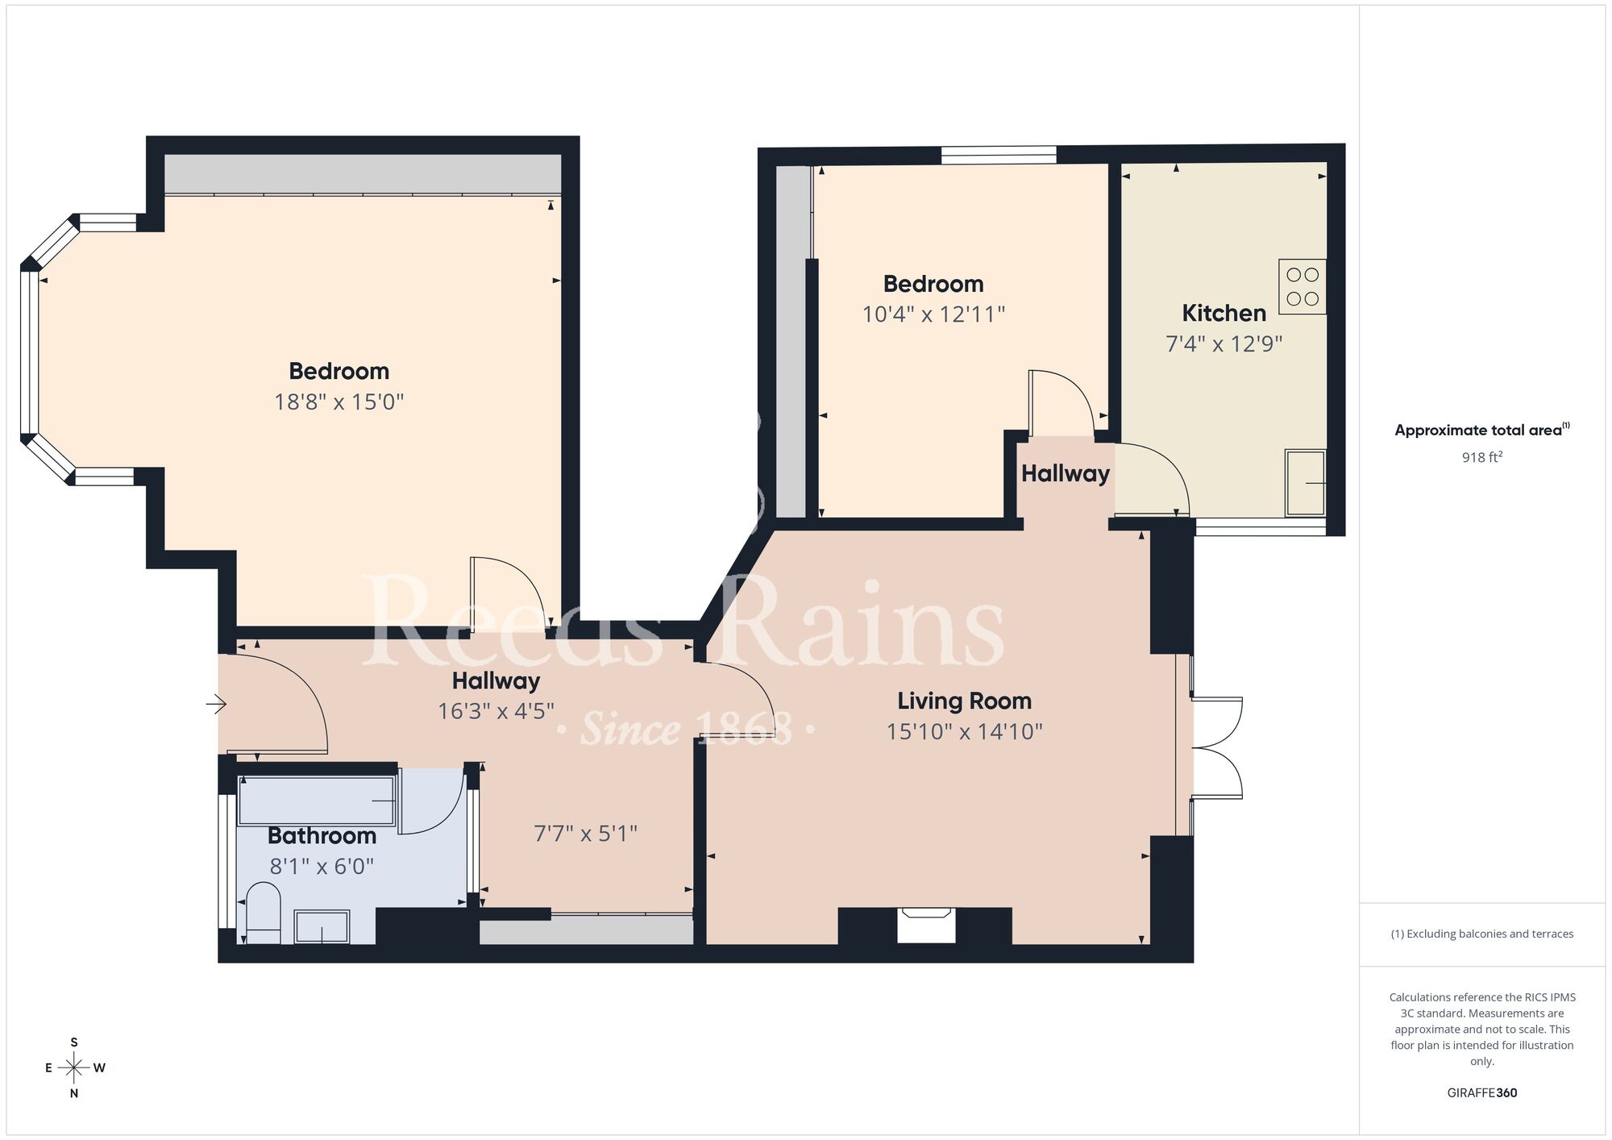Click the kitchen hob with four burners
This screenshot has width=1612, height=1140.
click(x=1302, y=287)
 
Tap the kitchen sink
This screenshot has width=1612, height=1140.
click(x=1305, y=483)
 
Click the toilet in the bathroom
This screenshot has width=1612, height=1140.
click(x=262, y=913)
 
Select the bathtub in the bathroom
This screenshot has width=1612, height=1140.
click(x=317, y=800)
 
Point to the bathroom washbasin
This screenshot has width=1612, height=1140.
click(x=322, y=926)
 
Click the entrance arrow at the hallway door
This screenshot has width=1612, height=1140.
click(x=216, y=705)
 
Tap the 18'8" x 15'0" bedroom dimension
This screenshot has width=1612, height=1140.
click(x=339, y=401)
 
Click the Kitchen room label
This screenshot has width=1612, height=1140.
click(x=1224, y=313)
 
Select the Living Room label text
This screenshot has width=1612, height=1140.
click(x=964, y=701)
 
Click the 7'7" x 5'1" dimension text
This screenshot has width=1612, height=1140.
click(x=585, y=833)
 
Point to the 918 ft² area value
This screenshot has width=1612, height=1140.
click(x=1481, y=457)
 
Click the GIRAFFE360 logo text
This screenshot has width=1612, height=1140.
click(x=1481, y=1093)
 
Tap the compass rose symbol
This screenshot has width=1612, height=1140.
click(x=74, y=1068)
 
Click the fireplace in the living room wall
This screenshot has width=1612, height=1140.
click(x=926, y=925)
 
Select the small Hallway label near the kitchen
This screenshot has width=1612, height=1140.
click(x=1065, y=473)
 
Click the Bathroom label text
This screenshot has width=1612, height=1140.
click(x=322, y=835)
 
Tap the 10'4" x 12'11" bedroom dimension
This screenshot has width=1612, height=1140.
click(x=933, y=314)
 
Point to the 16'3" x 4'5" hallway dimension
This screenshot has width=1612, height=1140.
click(x=496, y=711)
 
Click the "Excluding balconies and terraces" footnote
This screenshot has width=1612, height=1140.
click(x=1481, y=934)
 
